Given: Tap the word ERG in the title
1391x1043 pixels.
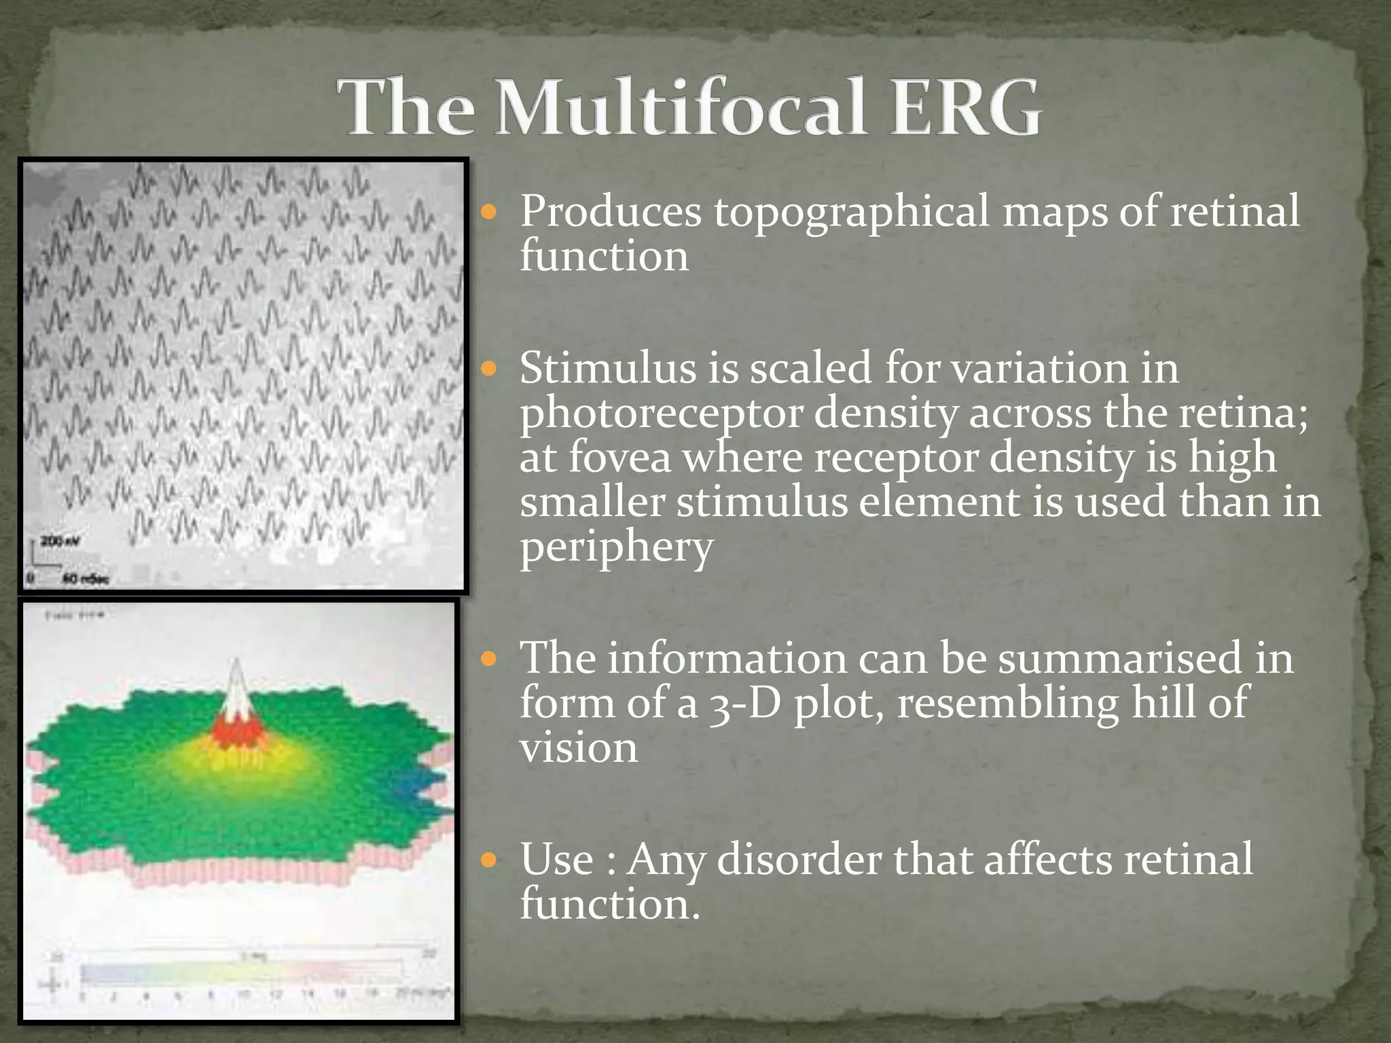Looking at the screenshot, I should coord(964,109).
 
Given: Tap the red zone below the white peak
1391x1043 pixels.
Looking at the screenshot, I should coord(235,732).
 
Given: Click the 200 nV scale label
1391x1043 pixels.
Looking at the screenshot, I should coord(52,541).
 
